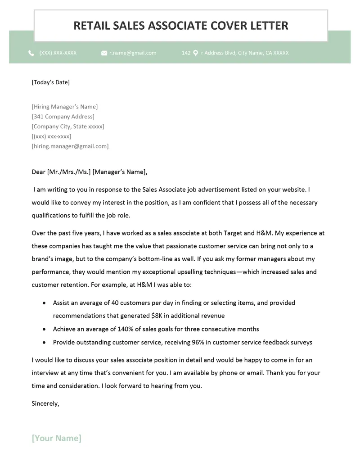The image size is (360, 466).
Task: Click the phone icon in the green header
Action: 31,53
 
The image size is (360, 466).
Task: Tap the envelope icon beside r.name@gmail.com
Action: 104,53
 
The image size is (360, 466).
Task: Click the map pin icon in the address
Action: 195,53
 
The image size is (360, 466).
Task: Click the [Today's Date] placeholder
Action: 50,82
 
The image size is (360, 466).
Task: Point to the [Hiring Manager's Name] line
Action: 64,107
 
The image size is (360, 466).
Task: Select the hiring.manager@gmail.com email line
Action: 70,146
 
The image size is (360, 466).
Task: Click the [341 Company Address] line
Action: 63,117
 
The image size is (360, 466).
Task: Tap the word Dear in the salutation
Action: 39,172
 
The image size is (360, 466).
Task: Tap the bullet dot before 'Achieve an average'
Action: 44,329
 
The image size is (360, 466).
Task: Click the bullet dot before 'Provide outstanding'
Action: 44,342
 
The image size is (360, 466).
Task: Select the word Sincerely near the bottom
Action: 45,403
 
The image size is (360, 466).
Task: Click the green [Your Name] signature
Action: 57,438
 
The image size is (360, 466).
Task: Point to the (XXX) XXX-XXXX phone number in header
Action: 58,53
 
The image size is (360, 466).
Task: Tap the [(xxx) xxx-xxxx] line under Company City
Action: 51,136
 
